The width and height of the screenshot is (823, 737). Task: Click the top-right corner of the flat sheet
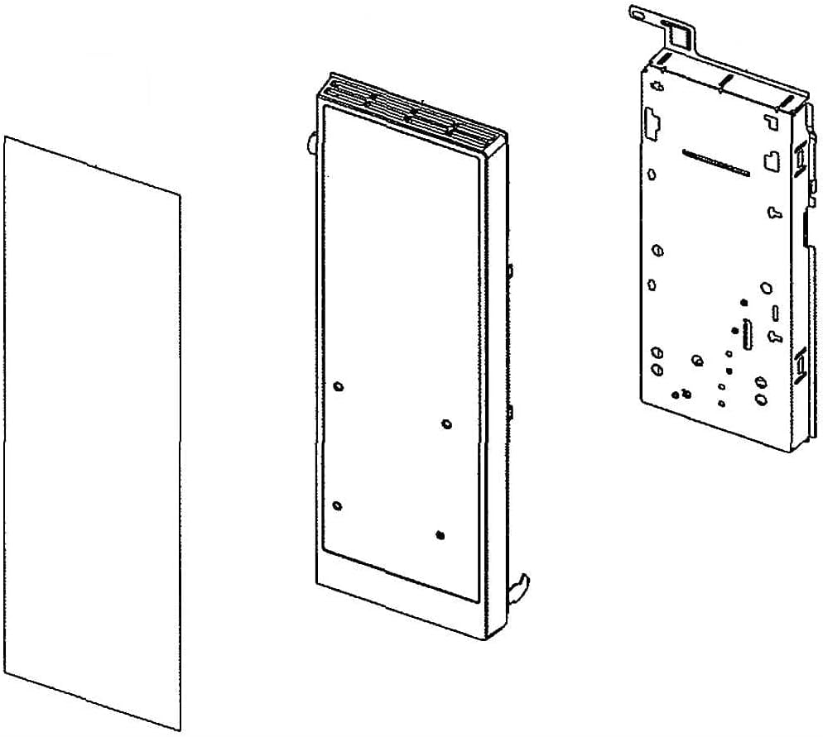[x=179, y=196]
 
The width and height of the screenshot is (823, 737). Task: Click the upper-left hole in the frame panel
[x=338, y=386]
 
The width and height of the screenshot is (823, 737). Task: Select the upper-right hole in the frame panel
[x=447, y=424]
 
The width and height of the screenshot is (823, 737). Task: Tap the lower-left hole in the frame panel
[x=336, y=505]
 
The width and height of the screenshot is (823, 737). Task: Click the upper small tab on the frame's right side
[x=511, y=270]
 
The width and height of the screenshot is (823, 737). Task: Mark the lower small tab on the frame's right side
[x=511, y=411]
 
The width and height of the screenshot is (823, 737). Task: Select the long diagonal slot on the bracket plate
[x=715, y=162]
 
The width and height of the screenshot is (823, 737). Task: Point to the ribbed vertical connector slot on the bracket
[x=748, y=330]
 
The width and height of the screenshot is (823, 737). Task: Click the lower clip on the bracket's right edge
[x=800, y=364]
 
